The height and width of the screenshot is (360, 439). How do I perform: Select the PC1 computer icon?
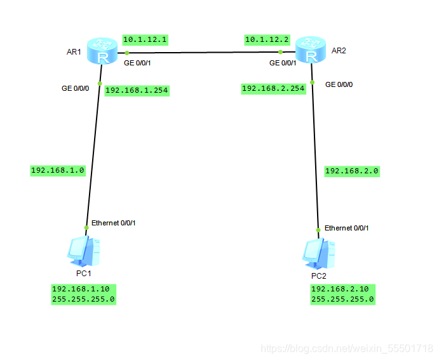coord(84,251)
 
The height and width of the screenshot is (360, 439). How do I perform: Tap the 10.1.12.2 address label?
coord(267,39)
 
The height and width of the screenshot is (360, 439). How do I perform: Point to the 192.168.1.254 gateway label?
coord(137,90)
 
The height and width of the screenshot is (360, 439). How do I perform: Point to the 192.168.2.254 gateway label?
coord(273,89)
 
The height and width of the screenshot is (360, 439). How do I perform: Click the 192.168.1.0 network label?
coord(57,170)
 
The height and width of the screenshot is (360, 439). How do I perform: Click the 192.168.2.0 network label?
coord(352,171)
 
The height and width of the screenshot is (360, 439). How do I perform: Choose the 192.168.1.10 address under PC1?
coord(81,288)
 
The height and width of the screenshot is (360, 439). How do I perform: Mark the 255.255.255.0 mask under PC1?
coord(83,298)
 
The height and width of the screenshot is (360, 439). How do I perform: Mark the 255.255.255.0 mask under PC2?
coord(342,299)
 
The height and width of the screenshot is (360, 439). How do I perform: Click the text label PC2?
coord(318,276)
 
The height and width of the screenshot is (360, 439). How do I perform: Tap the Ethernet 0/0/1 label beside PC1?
coord(113,223)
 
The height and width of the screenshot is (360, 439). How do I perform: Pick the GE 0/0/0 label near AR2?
coord(339,84)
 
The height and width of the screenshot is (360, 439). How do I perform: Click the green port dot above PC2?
coord(318,230)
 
